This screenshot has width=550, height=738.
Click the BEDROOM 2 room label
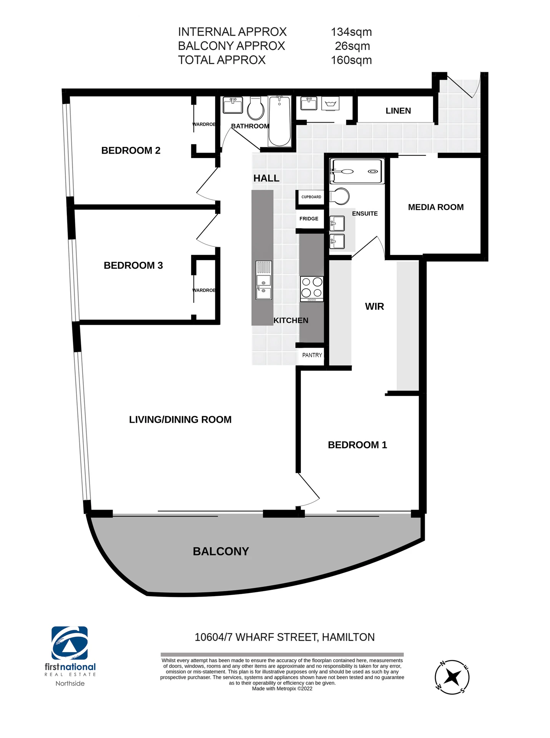(131, 150)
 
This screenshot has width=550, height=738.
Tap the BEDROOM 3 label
(133, 265)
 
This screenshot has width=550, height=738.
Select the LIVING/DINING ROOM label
(180, 419)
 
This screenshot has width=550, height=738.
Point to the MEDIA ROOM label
(436, 207)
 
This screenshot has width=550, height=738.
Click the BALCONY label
(221, 551)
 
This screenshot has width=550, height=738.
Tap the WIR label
(374, 306)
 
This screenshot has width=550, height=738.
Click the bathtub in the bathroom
(279, 121)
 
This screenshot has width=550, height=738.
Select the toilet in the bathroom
(256, 108)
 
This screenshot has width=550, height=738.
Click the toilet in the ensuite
(339, 196)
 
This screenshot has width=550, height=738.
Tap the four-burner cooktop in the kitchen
(312, 289)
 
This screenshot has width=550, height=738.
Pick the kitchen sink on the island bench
(264, 280)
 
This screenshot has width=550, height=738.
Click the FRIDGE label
(309, 219)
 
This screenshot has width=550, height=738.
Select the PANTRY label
(312, 355)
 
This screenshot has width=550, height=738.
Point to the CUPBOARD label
(311, 197)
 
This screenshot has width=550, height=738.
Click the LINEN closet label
(398, 111)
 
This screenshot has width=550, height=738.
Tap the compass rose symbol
(452, 677)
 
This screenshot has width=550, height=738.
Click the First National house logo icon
(70, 643)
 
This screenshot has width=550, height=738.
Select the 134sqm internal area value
(351, 32)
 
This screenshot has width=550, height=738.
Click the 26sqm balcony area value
(352, 46)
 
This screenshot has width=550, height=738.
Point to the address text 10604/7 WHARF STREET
(256, 637)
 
